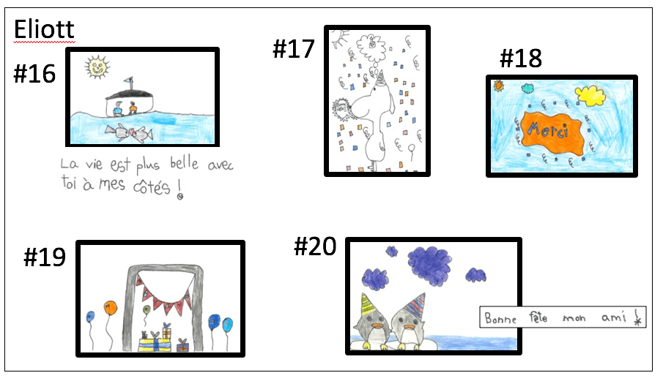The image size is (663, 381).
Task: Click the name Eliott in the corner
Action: point(44,29)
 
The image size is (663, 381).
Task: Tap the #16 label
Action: point(34,73)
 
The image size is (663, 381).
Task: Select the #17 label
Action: point(294,48)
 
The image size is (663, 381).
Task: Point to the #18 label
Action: point(520,59)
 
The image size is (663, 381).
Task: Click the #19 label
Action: point(45,257)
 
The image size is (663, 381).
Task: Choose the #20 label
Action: point(315,246)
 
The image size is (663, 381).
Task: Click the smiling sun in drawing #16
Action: point(97,67)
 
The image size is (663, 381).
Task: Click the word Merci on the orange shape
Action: point(547,129)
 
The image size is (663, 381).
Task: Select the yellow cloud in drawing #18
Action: point(590,96)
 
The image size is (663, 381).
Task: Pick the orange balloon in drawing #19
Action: point(110,308)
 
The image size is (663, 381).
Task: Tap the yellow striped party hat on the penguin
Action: point(368,303)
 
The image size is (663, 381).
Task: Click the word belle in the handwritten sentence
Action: point(184,163)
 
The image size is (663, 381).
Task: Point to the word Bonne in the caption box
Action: point(500,317)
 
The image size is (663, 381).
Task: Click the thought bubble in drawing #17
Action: point(372,47)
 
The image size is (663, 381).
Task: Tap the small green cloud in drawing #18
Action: point(527,88)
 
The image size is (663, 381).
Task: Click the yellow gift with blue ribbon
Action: point(155,344)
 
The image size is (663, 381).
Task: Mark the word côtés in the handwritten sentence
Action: point(152,186)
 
